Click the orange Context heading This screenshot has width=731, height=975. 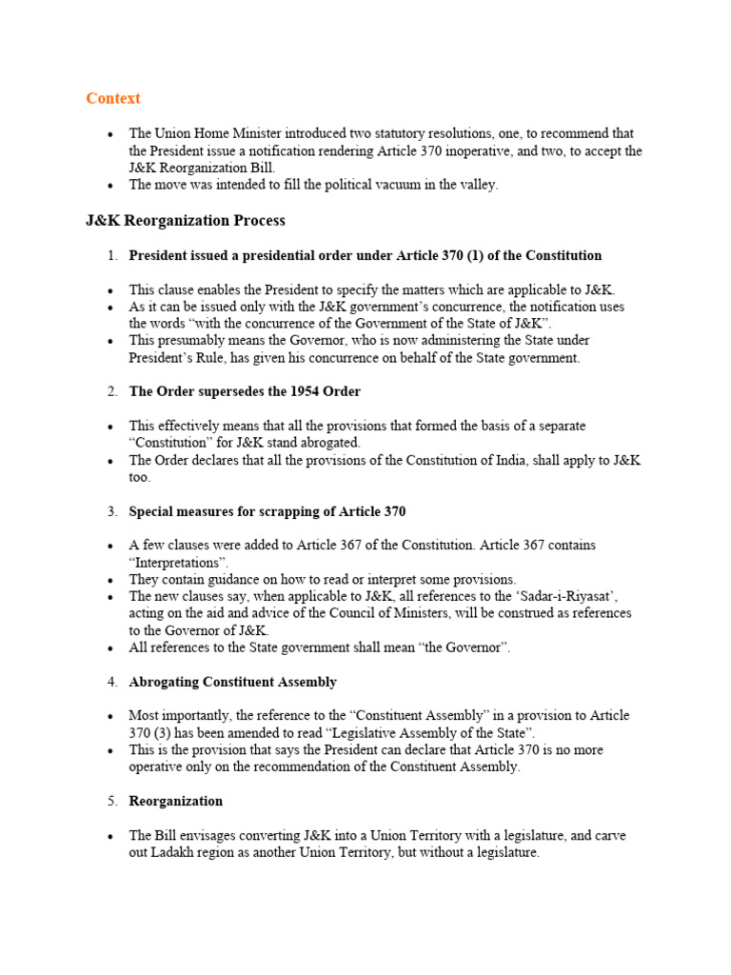tap(113, 98)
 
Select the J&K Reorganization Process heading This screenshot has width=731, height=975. tap(186, 221)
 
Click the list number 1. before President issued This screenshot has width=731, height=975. tap(111, 256)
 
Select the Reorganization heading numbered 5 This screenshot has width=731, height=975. tap(175, 802)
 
